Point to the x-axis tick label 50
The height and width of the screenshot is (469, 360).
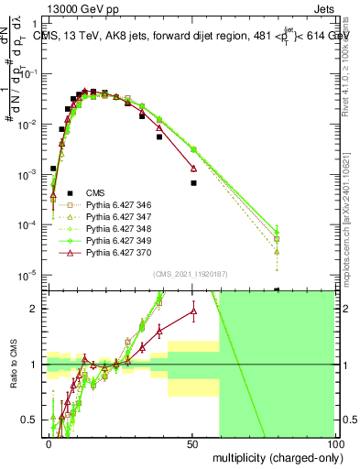tap(192, 442)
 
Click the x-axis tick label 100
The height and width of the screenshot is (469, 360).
tap(335, 442)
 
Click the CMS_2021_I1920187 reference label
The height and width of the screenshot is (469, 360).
tap(191, 274)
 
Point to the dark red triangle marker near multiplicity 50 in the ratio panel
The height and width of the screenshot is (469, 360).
tap(193, 311)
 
